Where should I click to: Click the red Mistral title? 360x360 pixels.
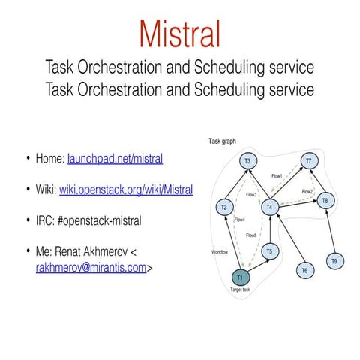[180, 34]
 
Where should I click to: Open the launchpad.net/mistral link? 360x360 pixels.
[115, 159]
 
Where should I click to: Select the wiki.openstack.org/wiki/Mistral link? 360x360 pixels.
[126, 190]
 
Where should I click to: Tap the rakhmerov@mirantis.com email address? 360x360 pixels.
[90, 265]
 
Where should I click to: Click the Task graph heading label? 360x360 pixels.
[223, 141]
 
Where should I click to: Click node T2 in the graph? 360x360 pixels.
[223, 207]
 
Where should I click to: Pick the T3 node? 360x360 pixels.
[247, 161]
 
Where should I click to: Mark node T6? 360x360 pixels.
[304, 269]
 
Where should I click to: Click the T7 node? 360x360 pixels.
[308, 161]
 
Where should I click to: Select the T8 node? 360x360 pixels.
[324, 201]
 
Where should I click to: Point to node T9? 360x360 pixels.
[334, 261]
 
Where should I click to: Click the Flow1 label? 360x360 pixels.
[277, 176]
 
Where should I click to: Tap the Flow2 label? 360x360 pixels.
[307, 192]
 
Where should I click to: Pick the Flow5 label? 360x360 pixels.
[251, 235]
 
